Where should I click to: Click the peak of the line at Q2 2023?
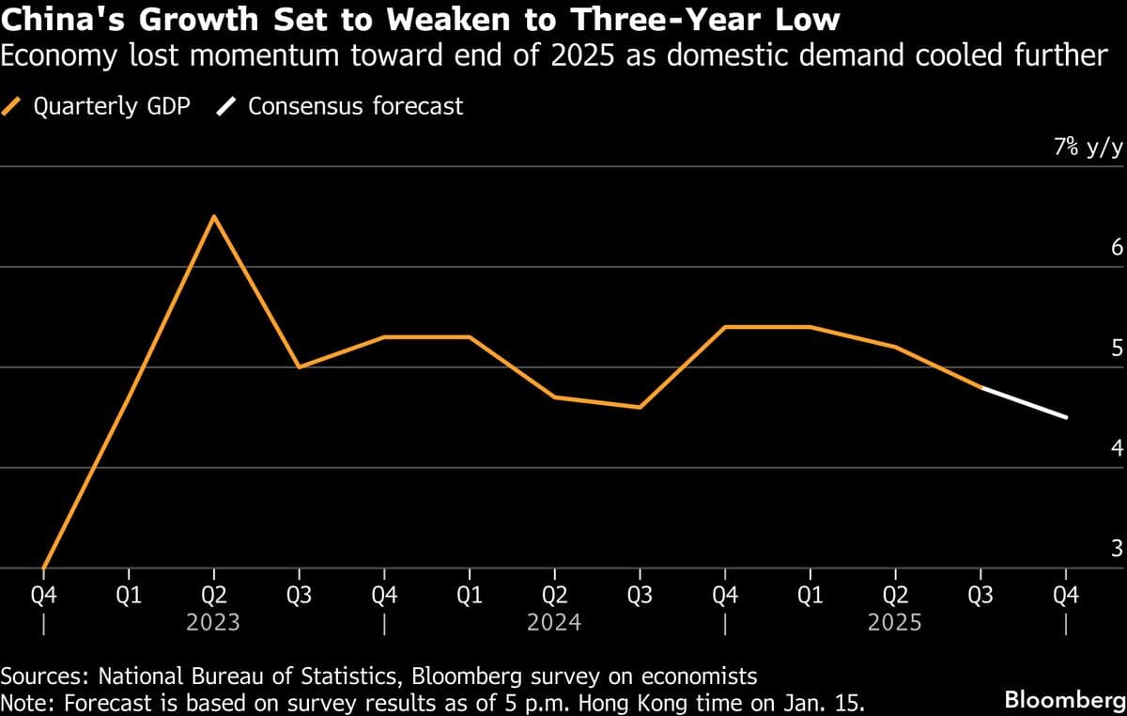click(x=214, y=217)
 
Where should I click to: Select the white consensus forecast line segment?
click(x=1024, y=402)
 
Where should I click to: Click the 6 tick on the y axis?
click(x=1117, y=247)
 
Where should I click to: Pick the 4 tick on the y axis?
click(x=1117, y=448)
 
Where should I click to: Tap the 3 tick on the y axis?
click(x=1117, y=549)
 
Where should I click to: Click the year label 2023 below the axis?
click(x=214, y=622)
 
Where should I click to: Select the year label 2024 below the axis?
click(x=554, y=622)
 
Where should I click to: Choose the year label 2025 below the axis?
click(x=894, y=622)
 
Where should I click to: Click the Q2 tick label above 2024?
click(x=554, y=595)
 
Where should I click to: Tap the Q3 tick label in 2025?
click(x=980, y=595)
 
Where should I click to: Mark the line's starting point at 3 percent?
click(x=44, y=568)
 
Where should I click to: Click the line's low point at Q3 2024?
click(x=640, y=407)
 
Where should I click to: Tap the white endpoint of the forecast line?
click(x=1065, y=417)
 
